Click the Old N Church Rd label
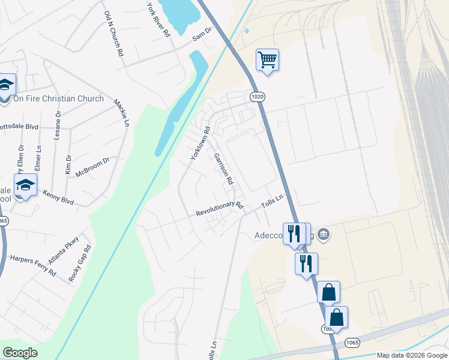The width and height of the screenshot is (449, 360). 113,34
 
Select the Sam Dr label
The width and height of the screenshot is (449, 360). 202,34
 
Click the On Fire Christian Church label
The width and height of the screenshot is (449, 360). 58,98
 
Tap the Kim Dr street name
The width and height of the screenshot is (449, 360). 68,165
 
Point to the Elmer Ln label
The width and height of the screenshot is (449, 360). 39,156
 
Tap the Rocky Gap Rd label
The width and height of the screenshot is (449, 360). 80,263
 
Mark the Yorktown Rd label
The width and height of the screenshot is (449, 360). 200,143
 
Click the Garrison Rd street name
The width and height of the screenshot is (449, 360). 223,168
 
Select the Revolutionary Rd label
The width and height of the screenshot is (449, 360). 219,209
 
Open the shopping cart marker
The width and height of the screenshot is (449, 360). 267,59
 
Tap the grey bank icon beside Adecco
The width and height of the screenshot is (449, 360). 324,233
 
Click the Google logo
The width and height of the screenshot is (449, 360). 20,352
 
